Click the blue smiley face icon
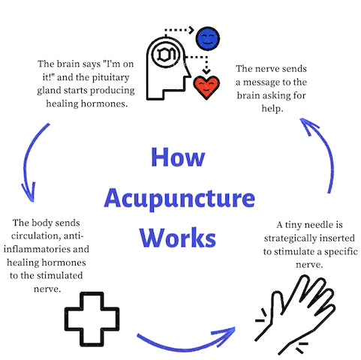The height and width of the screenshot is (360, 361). click(x=208, y=39)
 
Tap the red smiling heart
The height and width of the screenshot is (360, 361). click(x=206, y=87)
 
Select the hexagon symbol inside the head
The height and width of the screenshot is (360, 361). click(x=165, y=54)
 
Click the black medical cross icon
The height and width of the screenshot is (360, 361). click(x=92, y=319)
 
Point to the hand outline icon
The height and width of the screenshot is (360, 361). click(x=295, y=314)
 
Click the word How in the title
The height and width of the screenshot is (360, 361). click(x=178, y=157)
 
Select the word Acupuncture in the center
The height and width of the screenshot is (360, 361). click(x=179, y=199)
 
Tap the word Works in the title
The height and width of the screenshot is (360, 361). click(x=178, y=237)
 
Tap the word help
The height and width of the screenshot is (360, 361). click(x=272, y=109)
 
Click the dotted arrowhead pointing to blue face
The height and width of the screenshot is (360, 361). click(x=191, y=30)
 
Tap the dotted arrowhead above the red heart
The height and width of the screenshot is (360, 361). click(x=206, y=71)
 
